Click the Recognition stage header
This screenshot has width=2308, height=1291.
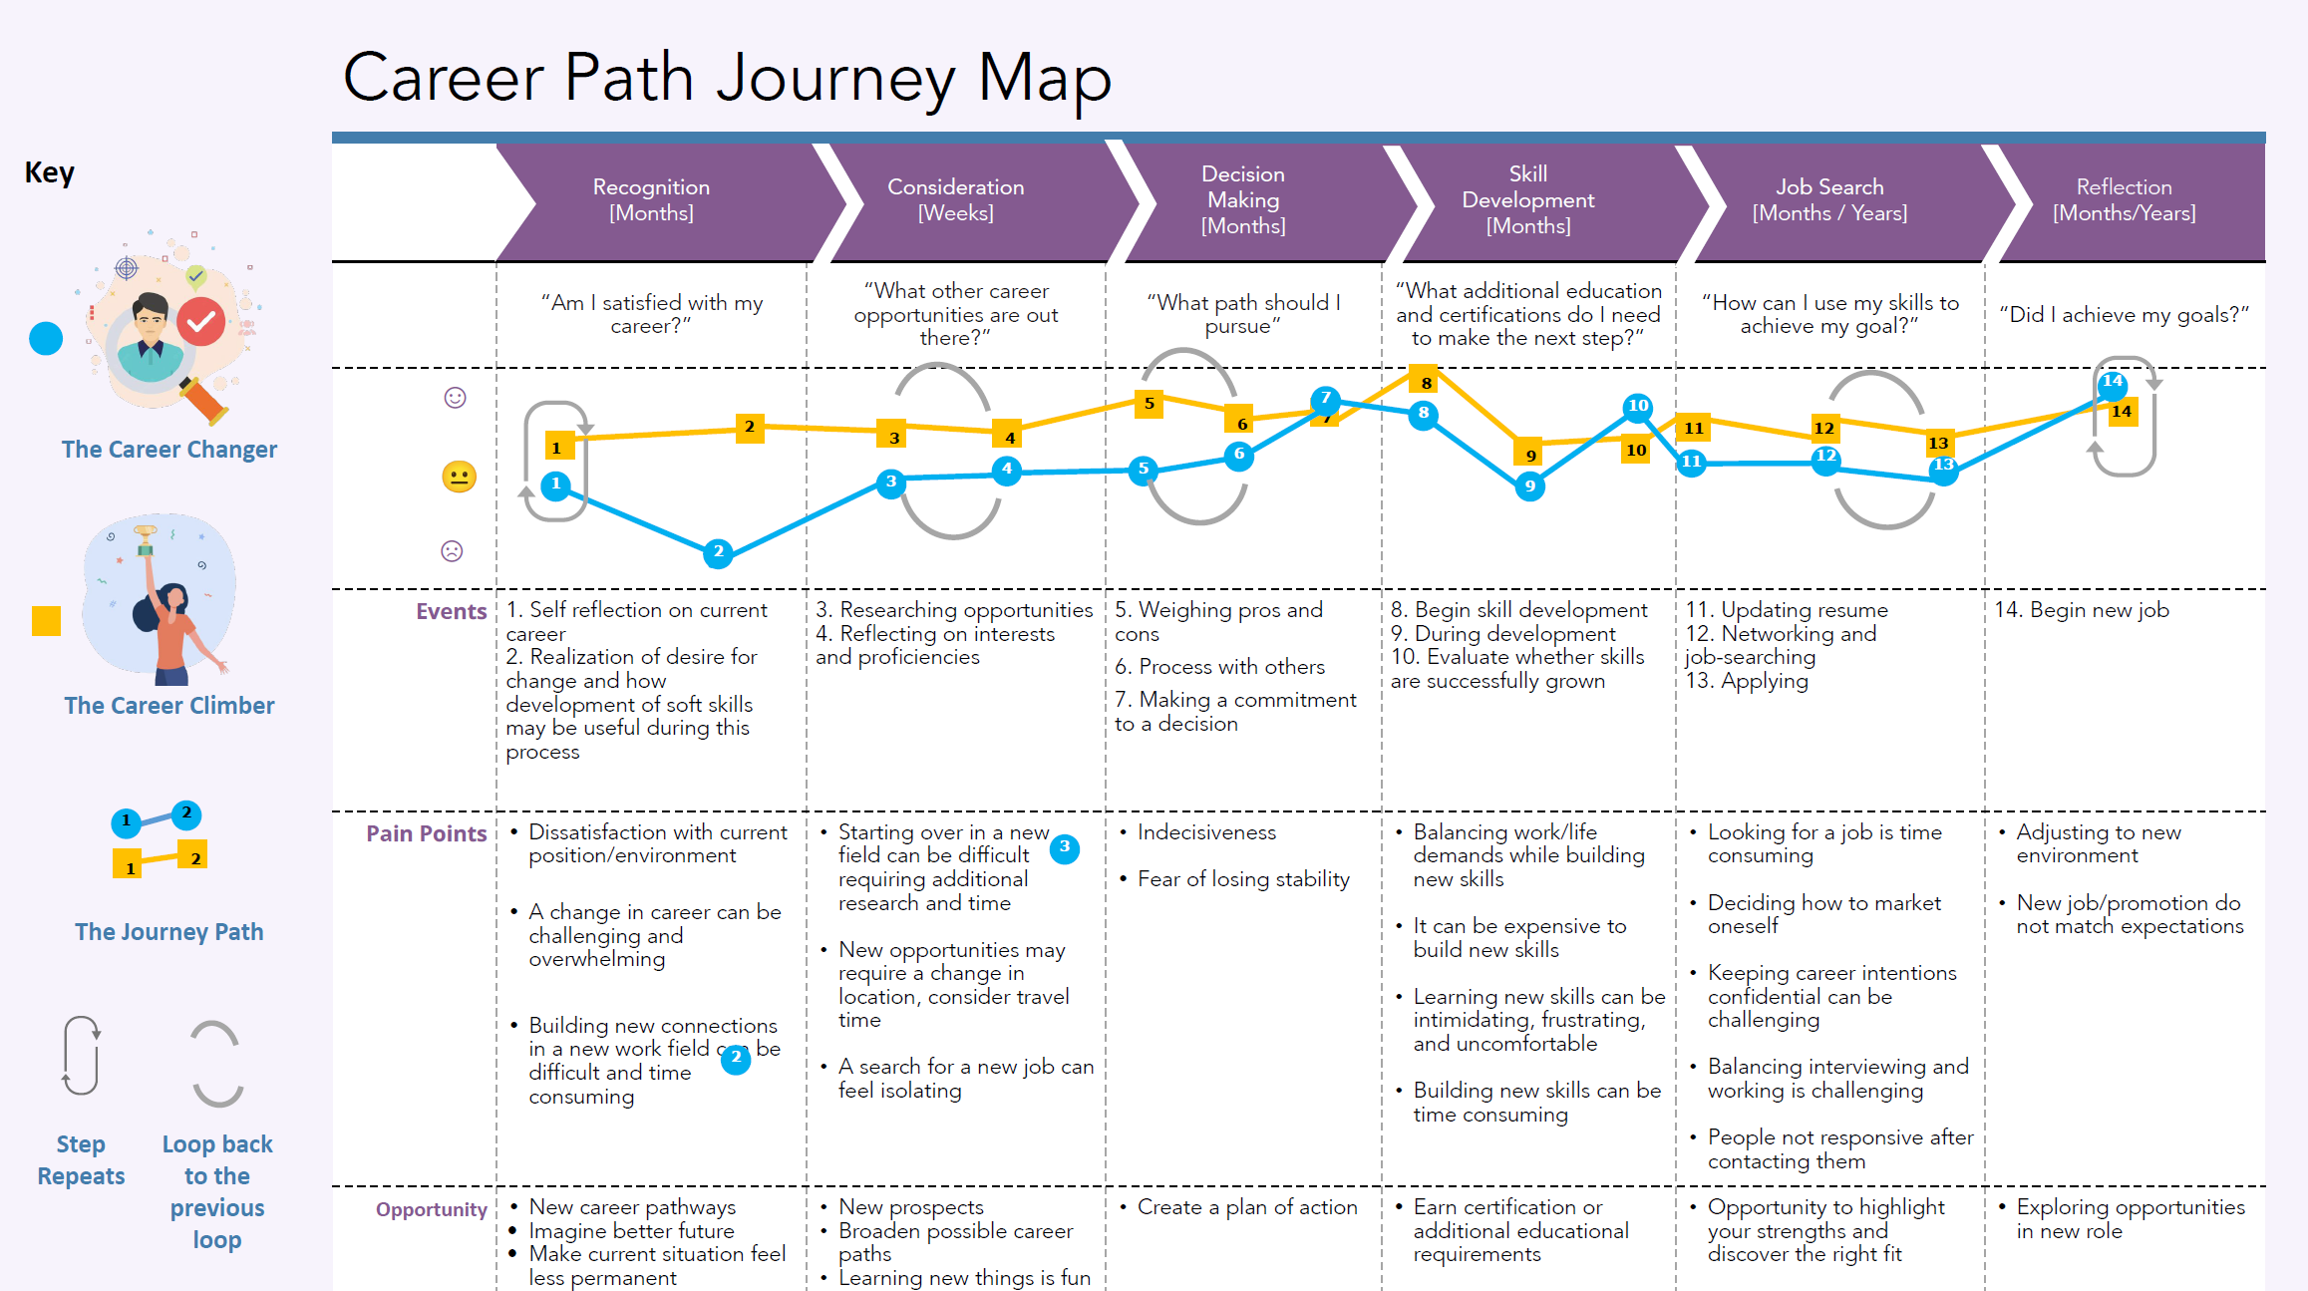pyautogui.click(x=651, y=200)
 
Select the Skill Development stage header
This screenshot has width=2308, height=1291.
pyautogui.click(x=1527, y=200)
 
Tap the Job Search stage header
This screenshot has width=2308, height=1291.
pyautogui.click(x=1829, y=200)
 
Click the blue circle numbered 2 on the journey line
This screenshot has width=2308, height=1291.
pyautogui.click(x=718, y=551)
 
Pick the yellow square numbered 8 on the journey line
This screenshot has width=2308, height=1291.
pyautogui.click(x=1427, y=382)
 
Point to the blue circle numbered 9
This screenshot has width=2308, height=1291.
pyautogui.click(x=1529, y=486)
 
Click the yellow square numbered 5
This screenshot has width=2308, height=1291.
pyautogui.click(x=1149, y=404)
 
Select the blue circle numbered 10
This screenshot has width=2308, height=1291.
pyautogui.click(x=1638, y=406)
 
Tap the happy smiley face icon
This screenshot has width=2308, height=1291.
pyautogui.click(x=455, y=398)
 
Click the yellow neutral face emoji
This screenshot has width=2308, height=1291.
pyautogui.click(x=459, y=477)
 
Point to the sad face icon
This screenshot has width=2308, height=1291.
pyautogui.click(x=452, y=550)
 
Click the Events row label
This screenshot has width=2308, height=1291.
pyautogui.click(x=451, y=611)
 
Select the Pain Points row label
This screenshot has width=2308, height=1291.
pyautogui.click(x=426, y=833)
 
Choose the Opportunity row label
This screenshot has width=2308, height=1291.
pyautogui.click(x=431, y=1209)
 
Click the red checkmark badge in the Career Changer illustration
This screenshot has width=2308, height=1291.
pyautogui.click(x=201, y=321)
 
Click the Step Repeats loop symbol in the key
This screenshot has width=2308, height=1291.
pyautogui.click(x=81, y=1055)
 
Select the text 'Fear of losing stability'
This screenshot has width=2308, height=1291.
pyautogui.click(x=1243, y=879)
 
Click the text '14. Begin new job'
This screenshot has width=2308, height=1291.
pyautogui.click(x=2081, y=610)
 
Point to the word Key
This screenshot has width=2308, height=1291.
pyautogui.click(x=49, y=172)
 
